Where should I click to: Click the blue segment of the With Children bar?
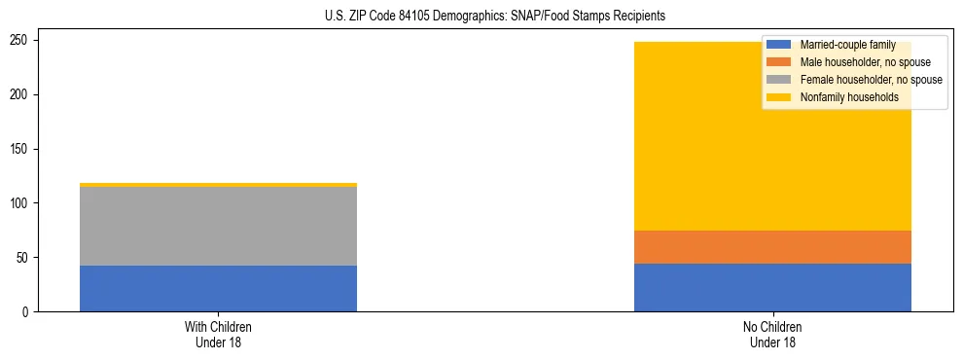tap(218, 288)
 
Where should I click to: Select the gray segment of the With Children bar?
tap(218, 226)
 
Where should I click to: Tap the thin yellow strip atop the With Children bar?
tap(218, 185)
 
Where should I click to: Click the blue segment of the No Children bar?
tap(772, 287)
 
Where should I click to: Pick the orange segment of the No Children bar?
tap(772, 247)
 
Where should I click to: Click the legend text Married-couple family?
tap(847, 45)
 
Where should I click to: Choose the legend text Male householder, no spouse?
tap(865, 62)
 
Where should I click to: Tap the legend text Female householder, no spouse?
tap(871, 80)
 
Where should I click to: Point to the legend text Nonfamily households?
tap(849, 97)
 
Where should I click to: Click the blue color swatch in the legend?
tap(779, 45)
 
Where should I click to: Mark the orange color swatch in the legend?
tap(779, 62)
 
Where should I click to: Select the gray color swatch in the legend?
tap(779, 80)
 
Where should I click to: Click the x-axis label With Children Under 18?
tap(218, 334)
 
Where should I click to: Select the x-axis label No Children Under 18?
tap(772, 334)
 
